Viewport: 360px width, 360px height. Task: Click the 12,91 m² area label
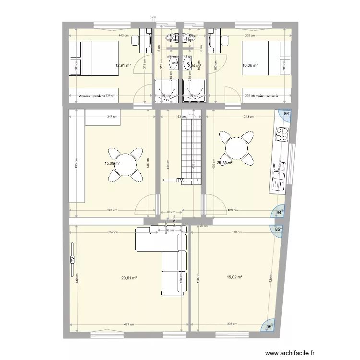coord(122,66)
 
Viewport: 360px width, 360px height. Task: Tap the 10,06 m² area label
coord(250,66)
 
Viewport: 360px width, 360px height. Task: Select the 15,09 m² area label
coord(112,163)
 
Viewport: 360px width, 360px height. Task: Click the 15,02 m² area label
coord(235,276)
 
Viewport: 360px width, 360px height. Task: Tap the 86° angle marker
coord(287,114)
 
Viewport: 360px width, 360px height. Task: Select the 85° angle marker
coord(278,229)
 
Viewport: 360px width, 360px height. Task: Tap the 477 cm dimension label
coord(129,324)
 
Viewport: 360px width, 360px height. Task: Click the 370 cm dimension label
coord(237,232)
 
